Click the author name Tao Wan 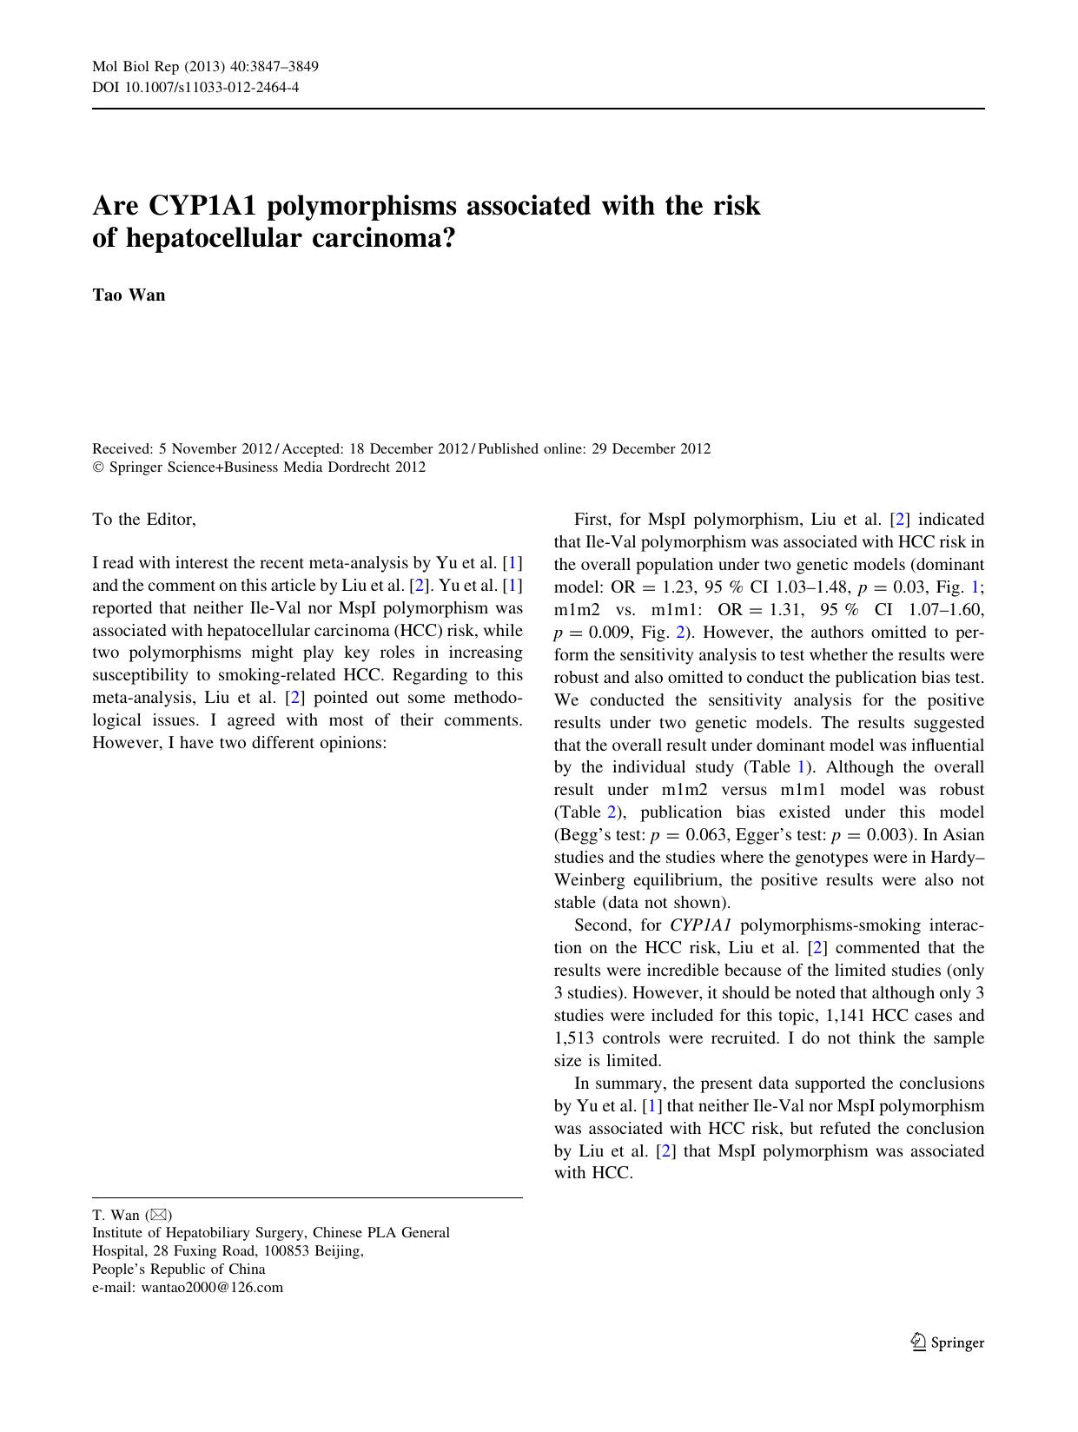click(x=129, y=295)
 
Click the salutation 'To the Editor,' click(x=144, y=520)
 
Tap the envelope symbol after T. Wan click(x=160, y=1215)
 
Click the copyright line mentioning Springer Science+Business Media click(x=259, y=467)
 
